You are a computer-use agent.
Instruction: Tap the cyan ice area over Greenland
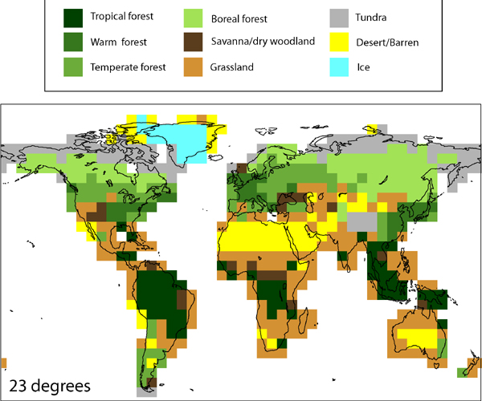pos(181,140)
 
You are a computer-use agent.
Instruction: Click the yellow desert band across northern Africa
pos(265,237)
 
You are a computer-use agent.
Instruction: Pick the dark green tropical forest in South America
pos(157,297)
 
